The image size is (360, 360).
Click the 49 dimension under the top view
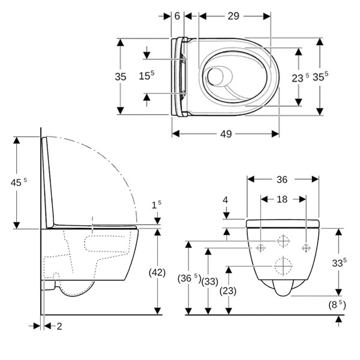(226, 134)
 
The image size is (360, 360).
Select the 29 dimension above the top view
(233, 16)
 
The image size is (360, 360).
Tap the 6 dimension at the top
(177, 16)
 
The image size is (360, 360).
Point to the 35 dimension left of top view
(121, 76)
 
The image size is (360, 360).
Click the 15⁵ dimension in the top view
(147, 76)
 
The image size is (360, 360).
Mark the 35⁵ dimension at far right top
(322, 76)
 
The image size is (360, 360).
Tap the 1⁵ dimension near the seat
(157, 205)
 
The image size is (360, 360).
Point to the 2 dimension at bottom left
(59, 326)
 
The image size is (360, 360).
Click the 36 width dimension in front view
(282, 179)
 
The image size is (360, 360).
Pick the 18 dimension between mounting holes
(283, 198)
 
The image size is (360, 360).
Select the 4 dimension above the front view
(226, 200)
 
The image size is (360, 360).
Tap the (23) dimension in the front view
(229, 290)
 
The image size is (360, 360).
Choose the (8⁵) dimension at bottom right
(337, 304)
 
